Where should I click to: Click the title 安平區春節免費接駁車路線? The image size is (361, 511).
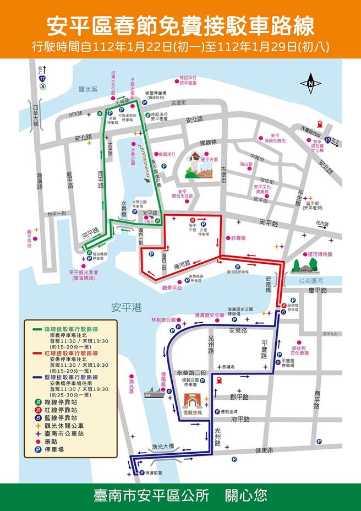tap(180, 25)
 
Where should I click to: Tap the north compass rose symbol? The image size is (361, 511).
tap(310, 83)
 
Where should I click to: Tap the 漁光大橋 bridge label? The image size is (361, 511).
tap(162, 446)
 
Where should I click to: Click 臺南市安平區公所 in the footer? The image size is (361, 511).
tap(152, 495)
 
